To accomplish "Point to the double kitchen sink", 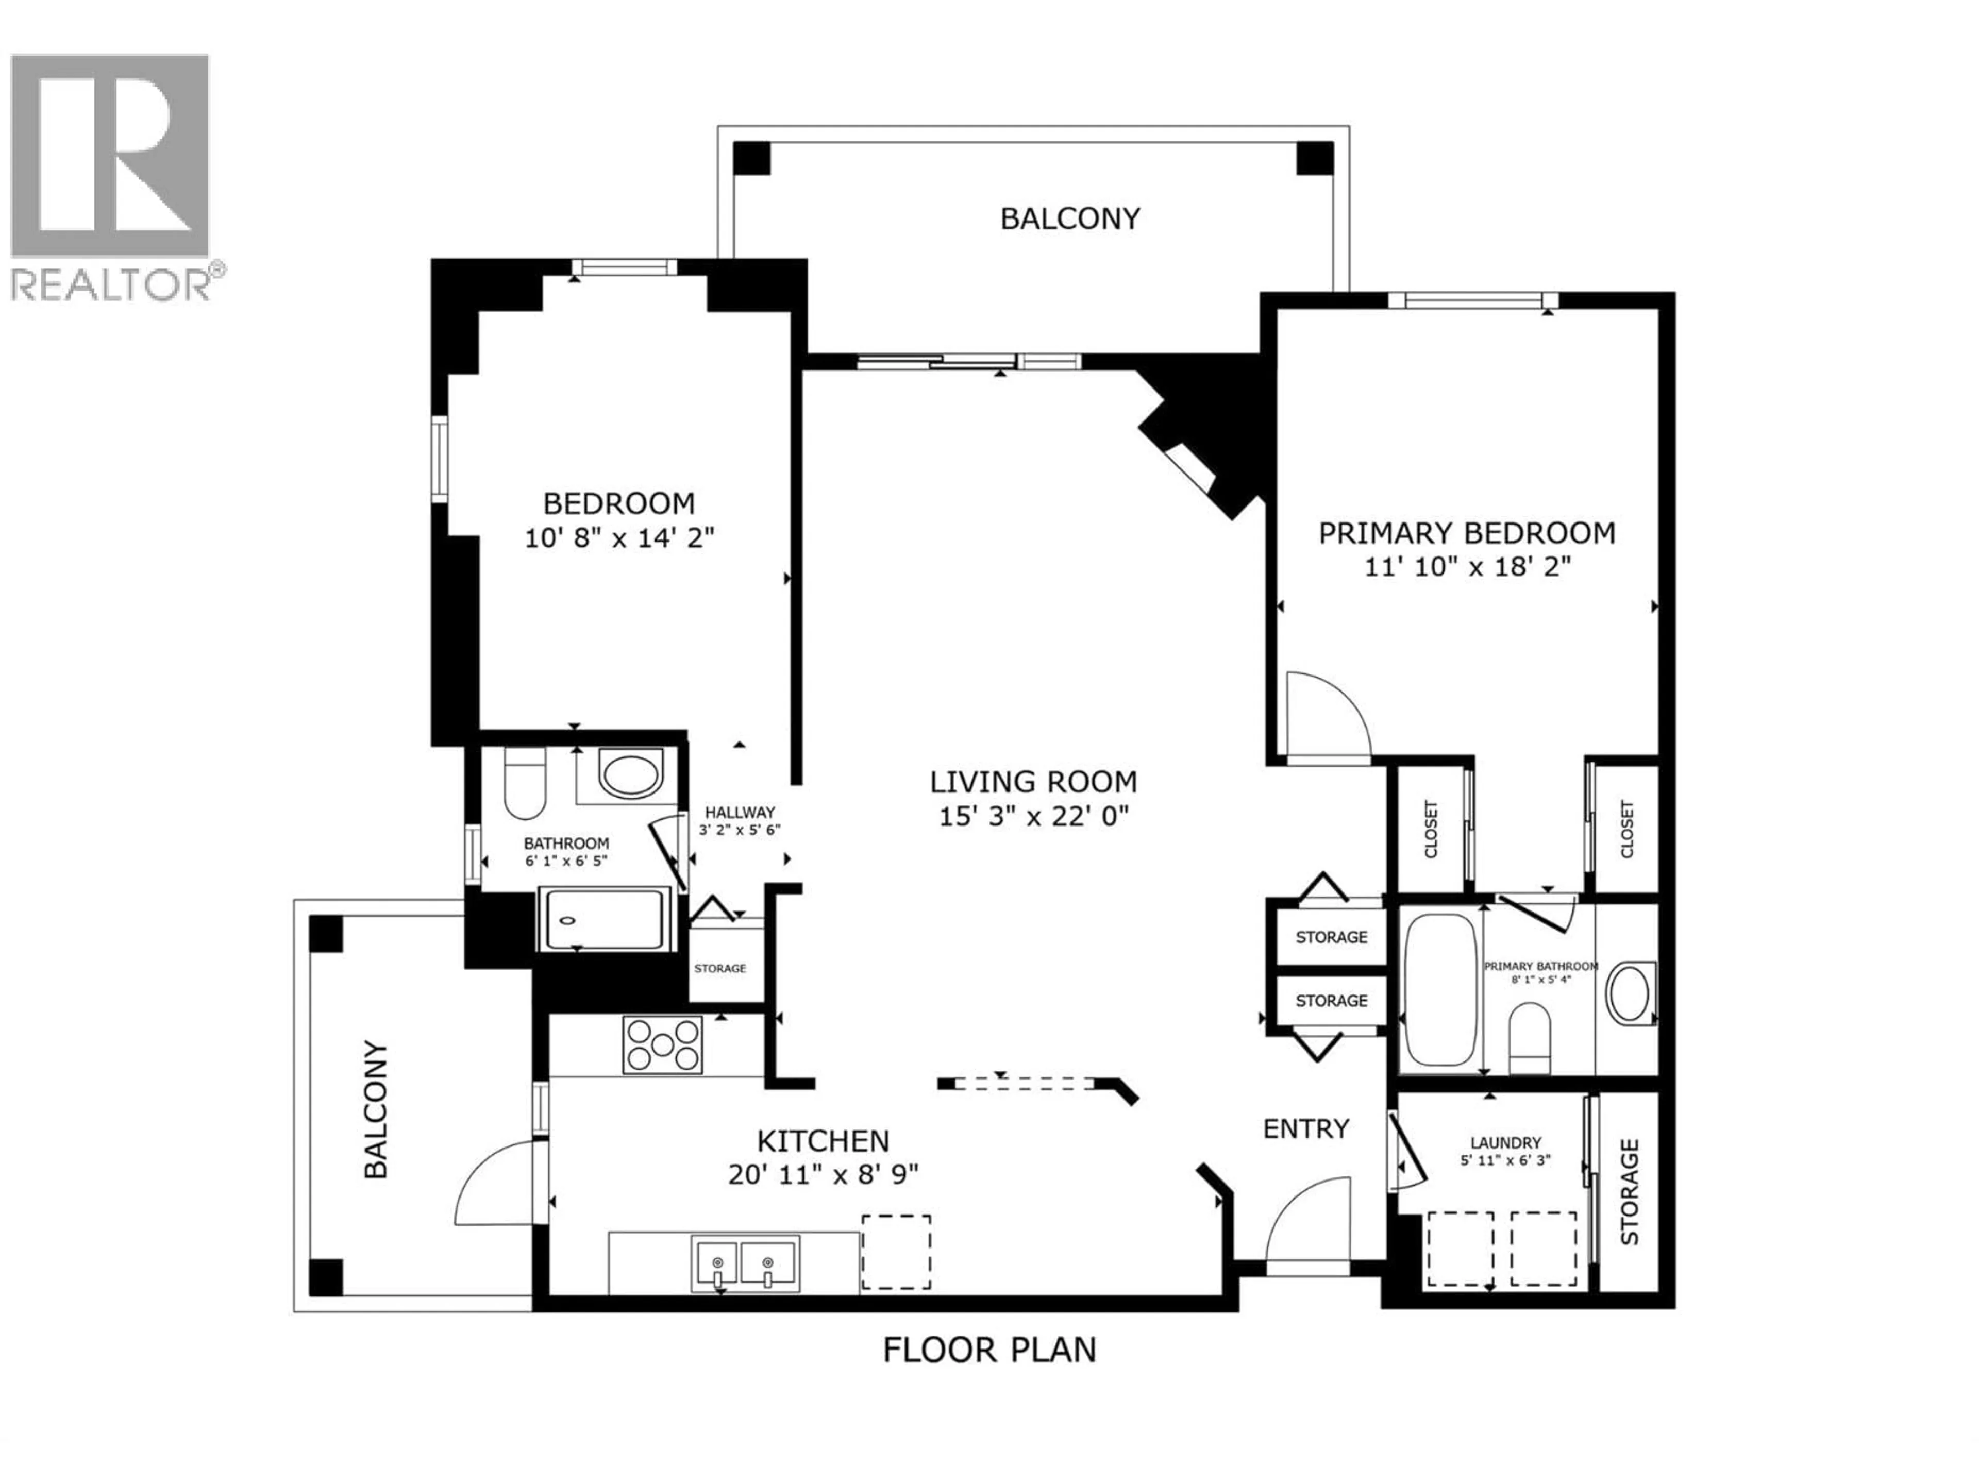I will (744, 1263).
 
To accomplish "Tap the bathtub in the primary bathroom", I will (1440, 989).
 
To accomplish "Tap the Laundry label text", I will (1506, 1142).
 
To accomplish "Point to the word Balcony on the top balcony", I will (1070, 219).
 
